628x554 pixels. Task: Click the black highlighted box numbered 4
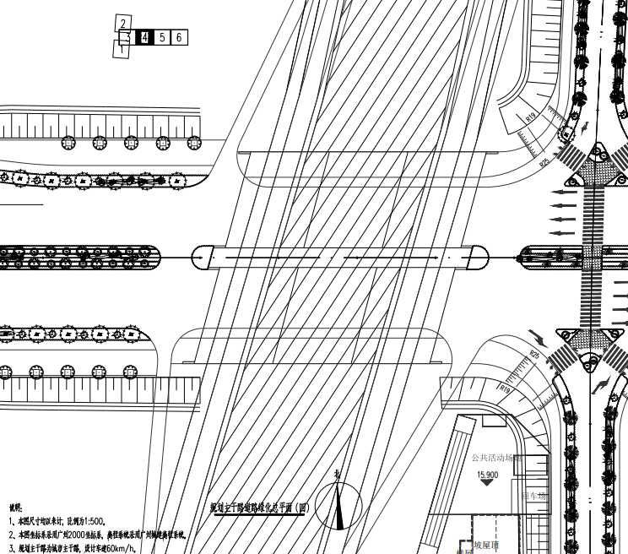coord(144,37)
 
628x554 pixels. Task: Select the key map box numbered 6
coord(179,37)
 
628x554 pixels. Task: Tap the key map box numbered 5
coord(162,37)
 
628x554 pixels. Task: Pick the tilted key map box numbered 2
coord(124,24)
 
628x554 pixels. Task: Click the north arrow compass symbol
coord(339,505)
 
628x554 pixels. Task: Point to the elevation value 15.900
coord(487,475)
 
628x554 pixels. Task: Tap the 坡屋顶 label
coord(487,545)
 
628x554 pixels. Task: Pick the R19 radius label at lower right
coord(505,389)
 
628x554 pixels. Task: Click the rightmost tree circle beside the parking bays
coord(194,142)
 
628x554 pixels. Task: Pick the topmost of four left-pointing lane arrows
coord(563,193)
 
